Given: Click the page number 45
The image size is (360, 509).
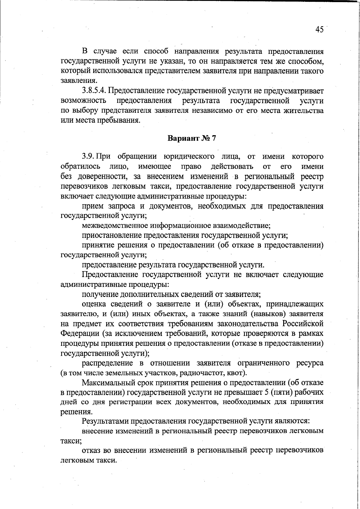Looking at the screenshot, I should (319, 29).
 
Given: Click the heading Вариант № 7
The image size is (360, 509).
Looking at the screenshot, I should (191, 138).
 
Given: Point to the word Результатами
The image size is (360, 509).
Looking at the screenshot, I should (104, 421).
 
